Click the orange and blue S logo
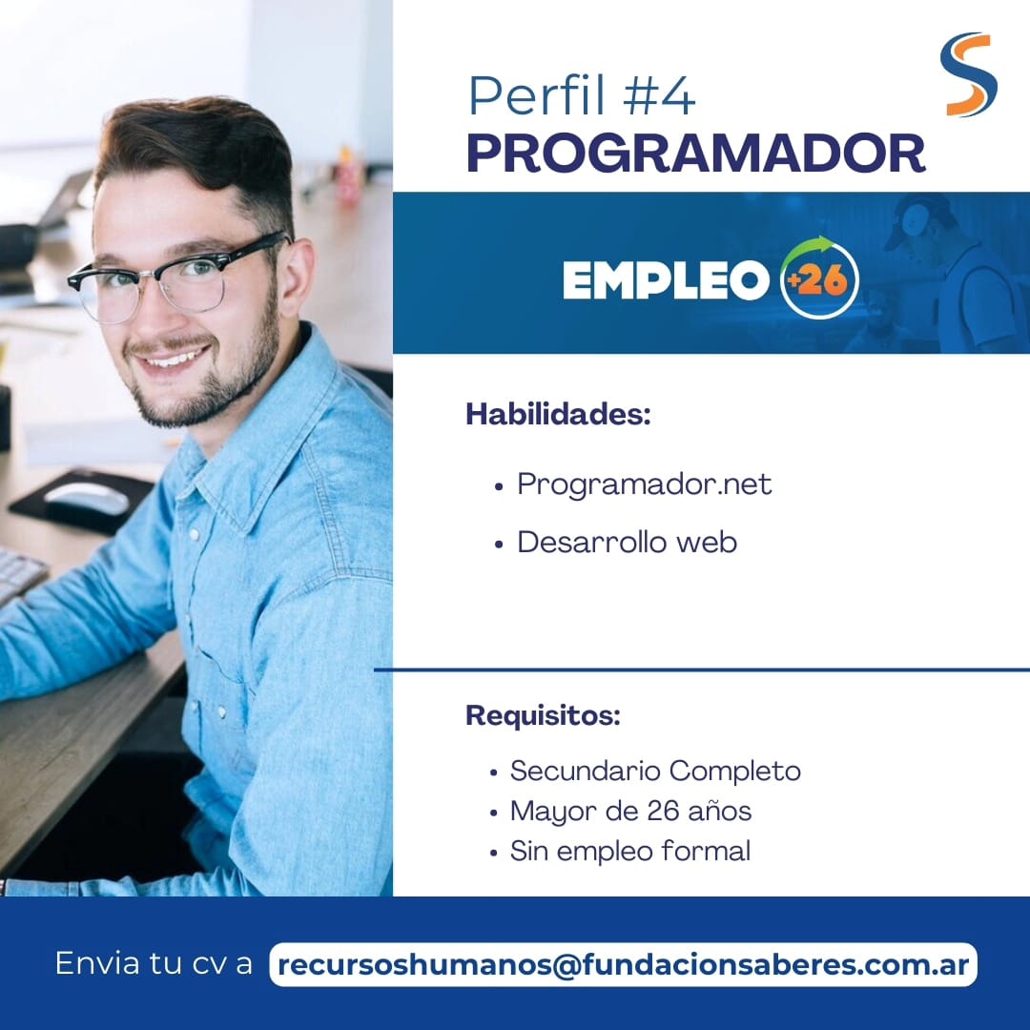click(x=968, y=74)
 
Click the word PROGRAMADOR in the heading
click(x=695, y=153)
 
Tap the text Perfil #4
click(x=582, y=96)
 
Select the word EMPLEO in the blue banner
click(x=666, y=279)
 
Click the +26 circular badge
click(x=819, y=278)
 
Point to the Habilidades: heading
click(x=558, y=415)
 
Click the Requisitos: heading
click(x=543, y=715)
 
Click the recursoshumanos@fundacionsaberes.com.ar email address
click(x=623, y=965)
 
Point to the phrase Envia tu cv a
click(x=154, y=963)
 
